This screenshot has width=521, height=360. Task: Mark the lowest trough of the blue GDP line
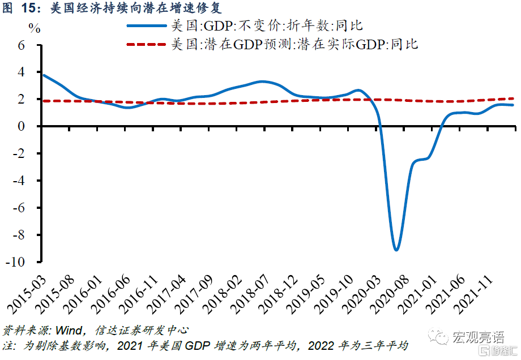(396, 250)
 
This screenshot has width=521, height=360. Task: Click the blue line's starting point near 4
(43, 75)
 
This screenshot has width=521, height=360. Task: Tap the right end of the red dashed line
(513, 98)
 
